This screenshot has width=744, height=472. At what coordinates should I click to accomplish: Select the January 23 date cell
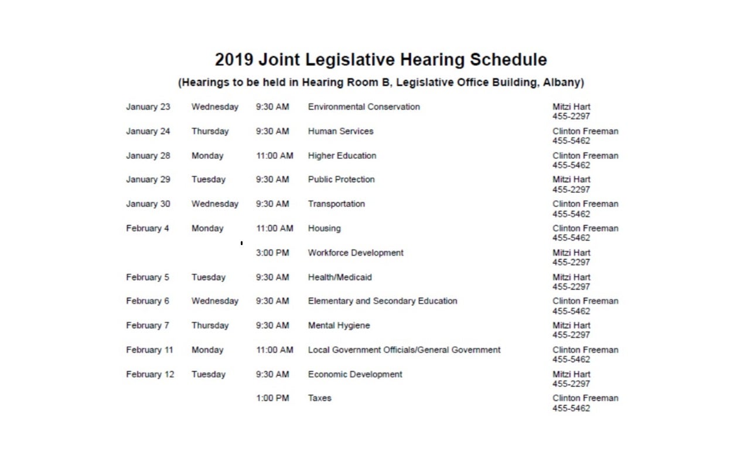pyautogui.click(x=148, y=107)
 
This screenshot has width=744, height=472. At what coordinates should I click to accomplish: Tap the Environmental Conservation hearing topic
pyautogui.click(x=364, y=107)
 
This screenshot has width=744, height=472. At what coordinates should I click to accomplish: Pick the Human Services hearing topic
pyautogui.click(x=340, y=131)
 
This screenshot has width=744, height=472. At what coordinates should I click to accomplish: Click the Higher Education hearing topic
pyautogui.click(x=342, y=155)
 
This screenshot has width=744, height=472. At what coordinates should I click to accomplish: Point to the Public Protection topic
pyautogui.click(x=341, y=179)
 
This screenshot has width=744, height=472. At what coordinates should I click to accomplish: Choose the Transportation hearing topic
pyautogui.click(x=336, y=204)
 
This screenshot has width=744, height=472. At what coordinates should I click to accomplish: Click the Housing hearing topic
pyautogui.click(x=324, y=228)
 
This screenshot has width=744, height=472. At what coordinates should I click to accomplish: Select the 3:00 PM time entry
pyautogui.click(x=272, y=253)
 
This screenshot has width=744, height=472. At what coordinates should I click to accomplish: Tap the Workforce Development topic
pyautogui.click(x=356, y=253)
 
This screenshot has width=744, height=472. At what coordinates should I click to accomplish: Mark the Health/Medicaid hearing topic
pyautogui.click(x=340, y=277)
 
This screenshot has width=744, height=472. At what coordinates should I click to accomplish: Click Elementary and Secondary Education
pyautogui.click(x=383, y=301)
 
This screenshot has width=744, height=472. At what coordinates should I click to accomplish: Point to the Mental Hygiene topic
pyautogui.click(x=339, y=325)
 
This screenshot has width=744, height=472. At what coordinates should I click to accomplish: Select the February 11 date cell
pyautogui.click(x=149, y=350)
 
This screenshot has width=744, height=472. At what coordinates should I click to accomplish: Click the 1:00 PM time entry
pyautogui.click(x=272, y=398)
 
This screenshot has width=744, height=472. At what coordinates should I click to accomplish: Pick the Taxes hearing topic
pyautogui.click(x=319, y=398)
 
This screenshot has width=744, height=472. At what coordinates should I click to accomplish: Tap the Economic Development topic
pyautogui.click(x=355, y=374)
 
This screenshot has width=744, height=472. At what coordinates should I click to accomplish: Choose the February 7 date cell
pyautogui.click(x=148, y=325)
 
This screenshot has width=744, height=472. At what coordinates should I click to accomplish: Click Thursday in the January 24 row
pyautogui.click(x=210, y=131)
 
